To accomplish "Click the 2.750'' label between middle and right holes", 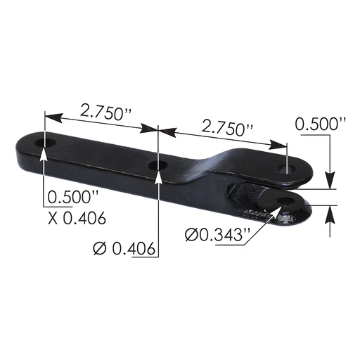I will point(227,128).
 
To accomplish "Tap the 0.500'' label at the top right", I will point(321,124).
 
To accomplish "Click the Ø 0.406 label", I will point(124,247).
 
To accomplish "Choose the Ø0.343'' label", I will point(216,234).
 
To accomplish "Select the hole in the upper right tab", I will point(286,169).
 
